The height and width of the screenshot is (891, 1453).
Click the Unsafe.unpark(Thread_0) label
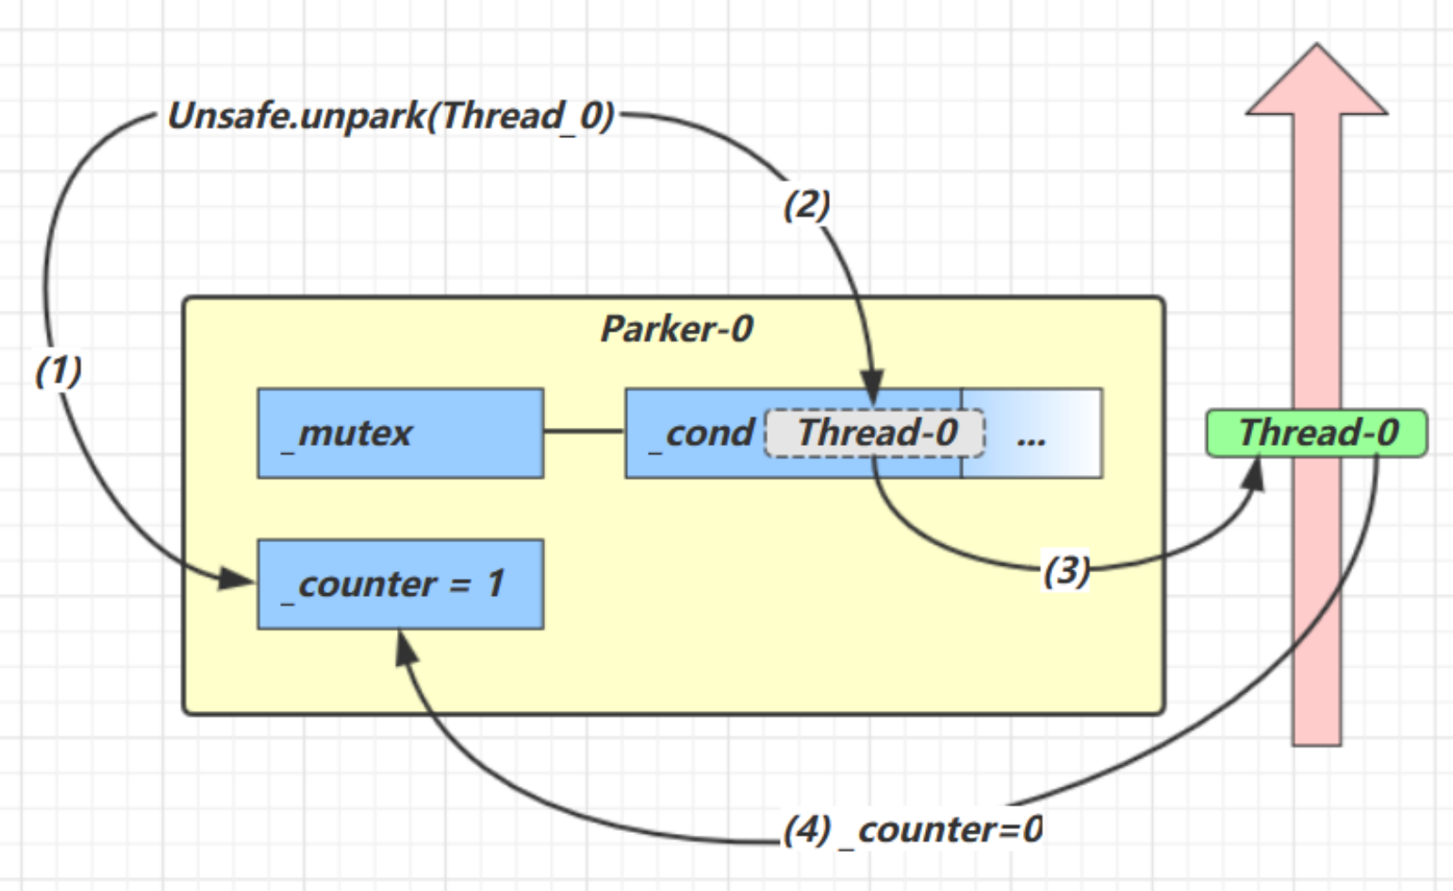[x=391, y=116]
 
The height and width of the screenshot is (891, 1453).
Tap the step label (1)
[x=58, y=371]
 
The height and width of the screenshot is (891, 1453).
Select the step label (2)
[x=806, y=204]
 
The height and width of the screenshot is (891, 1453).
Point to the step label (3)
[x=1066, y=570]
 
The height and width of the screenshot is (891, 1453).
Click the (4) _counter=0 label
[x=913, y=829]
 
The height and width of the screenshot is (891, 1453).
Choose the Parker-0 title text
[x=677, y=329]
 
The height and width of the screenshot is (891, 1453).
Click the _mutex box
[x=401, y=433]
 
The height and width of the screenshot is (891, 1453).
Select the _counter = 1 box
[x=401, y=584]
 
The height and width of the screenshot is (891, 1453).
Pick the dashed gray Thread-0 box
[x=876, y=433]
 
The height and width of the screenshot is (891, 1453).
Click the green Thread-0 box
[x=1317, y=433]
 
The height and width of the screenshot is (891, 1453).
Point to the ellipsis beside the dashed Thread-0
[x=1031, y=440]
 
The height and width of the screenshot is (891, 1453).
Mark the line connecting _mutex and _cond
[x=584, y=431]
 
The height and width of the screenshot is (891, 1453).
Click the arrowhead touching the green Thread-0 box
[x=1256, y=472]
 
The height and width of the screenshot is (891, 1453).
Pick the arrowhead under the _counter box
[x=405, y=646]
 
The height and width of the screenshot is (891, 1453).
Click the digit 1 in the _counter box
[x=495, y=584]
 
